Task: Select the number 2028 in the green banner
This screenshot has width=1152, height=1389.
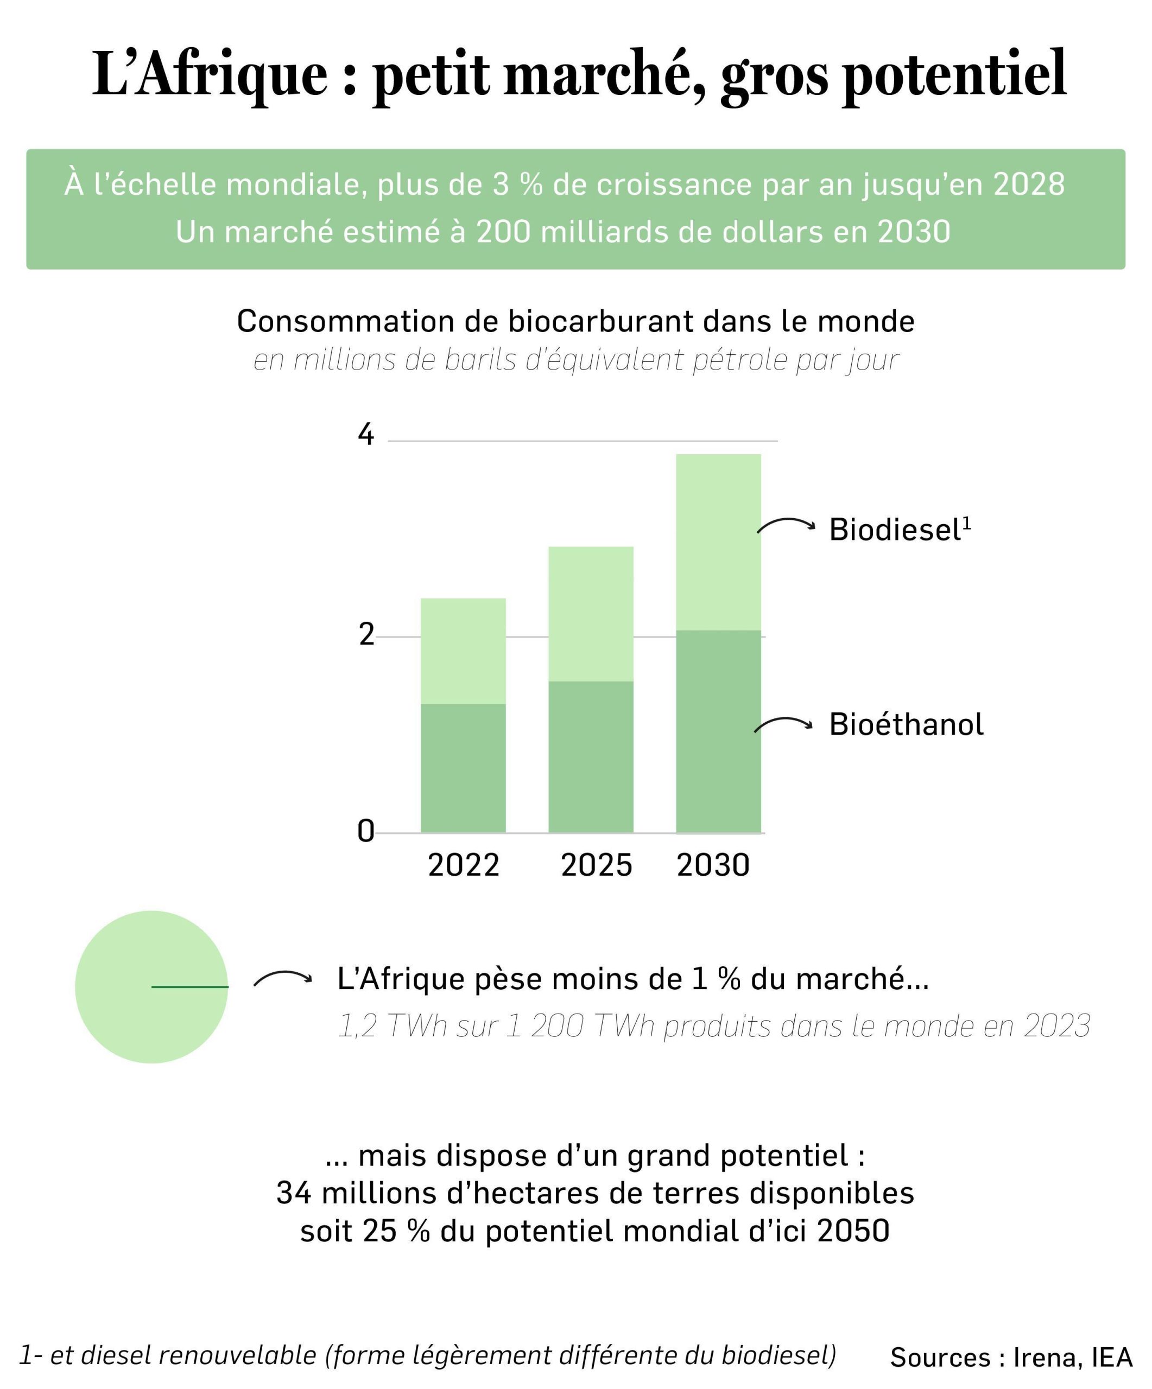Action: click(1029, 184)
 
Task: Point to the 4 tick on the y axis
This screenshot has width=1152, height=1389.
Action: click(365, 435)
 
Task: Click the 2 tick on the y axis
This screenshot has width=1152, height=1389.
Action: click(366, 635)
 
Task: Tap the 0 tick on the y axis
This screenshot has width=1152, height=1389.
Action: click(365, 831)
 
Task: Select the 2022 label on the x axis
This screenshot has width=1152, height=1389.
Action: click(463, 865)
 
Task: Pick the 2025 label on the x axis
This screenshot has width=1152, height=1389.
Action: click(596, 865)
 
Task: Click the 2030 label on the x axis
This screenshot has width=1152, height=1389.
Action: click(713, 865)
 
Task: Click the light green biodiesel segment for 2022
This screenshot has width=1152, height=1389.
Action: click(463, 651)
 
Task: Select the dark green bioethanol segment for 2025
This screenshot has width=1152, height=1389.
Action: click(590, 757)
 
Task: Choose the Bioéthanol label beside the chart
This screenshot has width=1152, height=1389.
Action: click(906, 724)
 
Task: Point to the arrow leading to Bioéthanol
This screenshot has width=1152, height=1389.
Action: click(784, 724)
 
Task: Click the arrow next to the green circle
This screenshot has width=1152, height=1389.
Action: click(282, 979)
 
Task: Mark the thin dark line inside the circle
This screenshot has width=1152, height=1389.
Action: click(190, 987)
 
